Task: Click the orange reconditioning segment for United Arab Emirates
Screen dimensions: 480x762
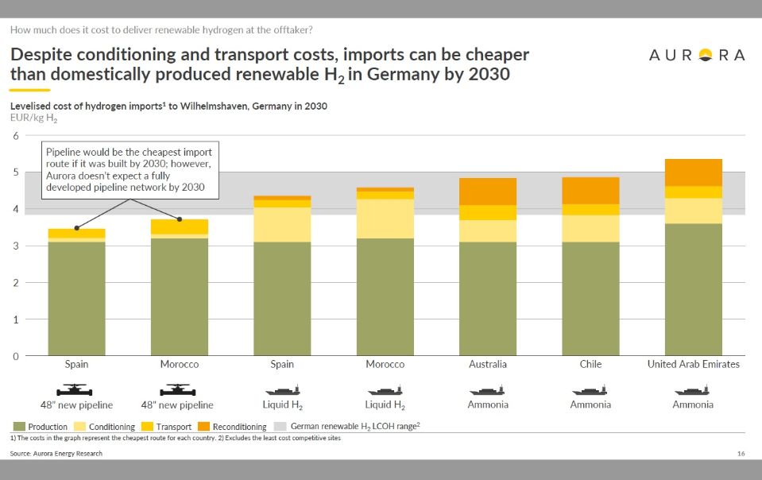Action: [694, 172]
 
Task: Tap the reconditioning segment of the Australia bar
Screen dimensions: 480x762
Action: [488, 192]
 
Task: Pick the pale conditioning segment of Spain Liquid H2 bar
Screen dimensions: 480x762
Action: [282, 224]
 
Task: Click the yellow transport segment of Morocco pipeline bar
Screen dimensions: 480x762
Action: [180, 226]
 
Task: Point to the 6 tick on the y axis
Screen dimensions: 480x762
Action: [14, 135]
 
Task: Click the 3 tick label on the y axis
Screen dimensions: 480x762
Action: [14, 246]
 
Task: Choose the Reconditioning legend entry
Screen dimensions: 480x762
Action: [234, 427]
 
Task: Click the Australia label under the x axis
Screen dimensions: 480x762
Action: [488, 364]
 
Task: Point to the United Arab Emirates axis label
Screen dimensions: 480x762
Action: [694, 364]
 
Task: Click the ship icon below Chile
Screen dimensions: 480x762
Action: [590, 390]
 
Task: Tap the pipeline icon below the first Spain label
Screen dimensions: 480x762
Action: [77, 390]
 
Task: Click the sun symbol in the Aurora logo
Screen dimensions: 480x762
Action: [705, 55]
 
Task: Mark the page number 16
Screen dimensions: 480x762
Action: [741, 453]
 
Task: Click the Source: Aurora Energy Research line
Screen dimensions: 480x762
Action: [56, 453]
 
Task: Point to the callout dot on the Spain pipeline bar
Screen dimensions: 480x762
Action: [77, 228]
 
